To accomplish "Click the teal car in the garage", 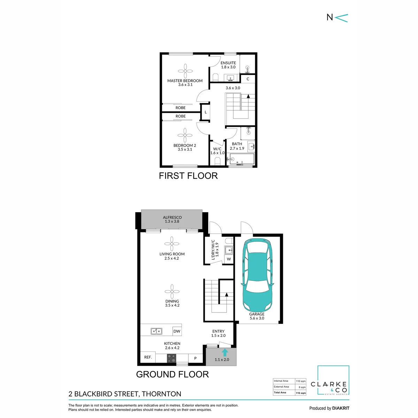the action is point(257,275).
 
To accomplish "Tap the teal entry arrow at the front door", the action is point(225,353).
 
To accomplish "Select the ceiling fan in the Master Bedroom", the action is point(185,71).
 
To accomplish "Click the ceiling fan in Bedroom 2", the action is point(185,136).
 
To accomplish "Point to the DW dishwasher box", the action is point(177,331).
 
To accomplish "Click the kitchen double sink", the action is point(156,331).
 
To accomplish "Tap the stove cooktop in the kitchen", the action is point(171,358).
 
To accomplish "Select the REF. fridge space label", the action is point(148,357).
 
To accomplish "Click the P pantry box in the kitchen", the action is point(195,358).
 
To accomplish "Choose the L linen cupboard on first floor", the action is point(206,112).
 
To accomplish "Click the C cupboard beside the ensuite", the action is point(248,79).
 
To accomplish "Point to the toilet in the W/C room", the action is point(217,161).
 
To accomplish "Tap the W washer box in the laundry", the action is point(229,259).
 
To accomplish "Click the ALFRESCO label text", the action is point(172,217).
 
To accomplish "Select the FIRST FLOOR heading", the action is point(188,176).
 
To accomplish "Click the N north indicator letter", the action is point(330,17).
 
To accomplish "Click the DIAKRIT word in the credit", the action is point(339,408).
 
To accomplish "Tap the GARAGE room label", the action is point(257,314).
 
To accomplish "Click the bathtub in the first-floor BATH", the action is point(242,159).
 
